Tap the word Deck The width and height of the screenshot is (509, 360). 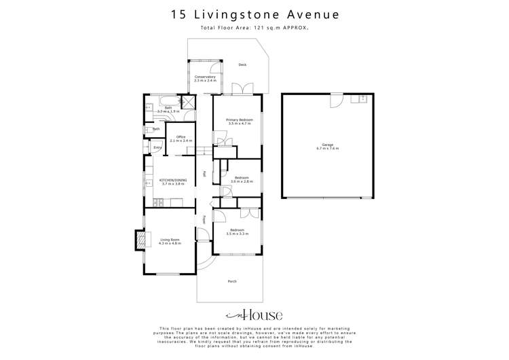[x=242, y=65]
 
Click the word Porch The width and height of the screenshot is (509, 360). [x=232, y=281]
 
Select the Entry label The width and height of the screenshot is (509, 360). [x=157, y=147]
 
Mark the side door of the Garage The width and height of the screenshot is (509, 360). [x=335, y=99]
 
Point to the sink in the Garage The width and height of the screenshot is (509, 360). [x=362, y=99]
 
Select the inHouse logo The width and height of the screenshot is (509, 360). [x=254, y=314]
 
